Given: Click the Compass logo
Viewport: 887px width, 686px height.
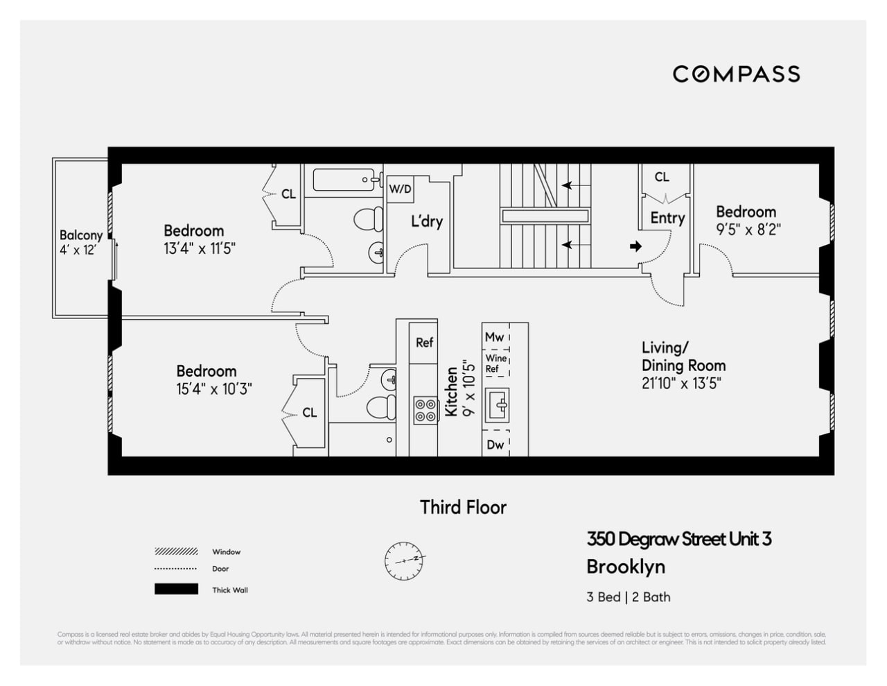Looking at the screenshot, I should click(x=736, y=74).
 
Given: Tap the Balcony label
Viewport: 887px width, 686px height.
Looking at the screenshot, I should click(x=80, y=235).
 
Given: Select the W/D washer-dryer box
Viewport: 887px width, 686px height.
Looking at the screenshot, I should click(x=400, y=189).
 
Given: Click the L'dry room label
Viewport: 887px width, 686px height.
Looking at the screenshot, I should click(x=426, y=221).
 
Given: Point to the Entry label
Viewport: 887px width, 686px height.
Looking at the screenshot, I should click(x=667, y=218).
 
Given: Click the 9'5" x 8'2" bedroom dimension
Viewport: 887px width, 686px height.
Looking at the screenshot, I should click(x=748, y=230).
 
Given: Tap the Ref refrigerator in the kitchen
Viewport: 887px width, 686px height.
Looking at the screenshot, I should click(x=424, y=342).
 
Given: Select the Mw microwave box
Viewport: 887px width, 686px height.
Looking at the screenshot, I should click(x=495, y=337).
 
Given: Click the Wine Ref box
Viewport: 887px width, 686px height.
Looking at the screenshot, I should click(x=495, y=363).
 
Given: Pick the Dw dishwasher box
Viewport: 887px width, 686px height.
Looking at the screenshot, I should click(x=495, y=445).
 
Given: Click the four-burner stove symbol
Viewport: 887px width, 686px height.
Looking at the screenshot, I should click(x=425, y=410).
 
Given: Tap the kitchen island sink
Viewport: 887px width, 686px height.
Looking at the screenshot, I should click(x=497, y=404).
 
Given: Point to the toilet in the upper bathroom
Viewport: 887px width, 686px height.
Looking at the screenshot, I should click(x=369, y=219).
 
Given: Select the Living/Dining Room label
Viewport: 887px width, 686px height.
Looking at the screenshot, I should click(x=683, y=357).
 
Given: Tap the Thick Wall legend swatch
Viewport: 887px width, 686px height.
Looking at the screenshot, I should click(x=176, y=590).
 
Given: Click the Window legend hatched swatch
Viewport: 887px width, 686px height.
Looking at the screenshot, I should click(x=176, y=552).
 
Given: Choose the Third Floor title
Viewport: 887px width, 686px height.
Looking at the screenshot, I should click(x=463, y=507).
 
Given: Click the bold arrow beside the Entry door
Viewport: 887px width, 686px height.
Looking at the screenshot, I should click(x=635, y=246).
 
